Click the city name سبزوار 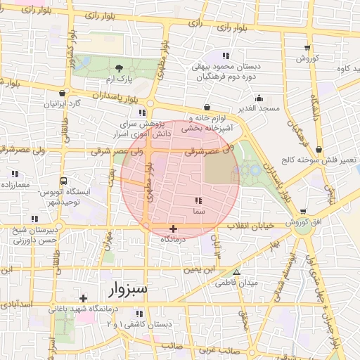point(127,289)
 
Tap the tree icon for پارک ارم point(119,68)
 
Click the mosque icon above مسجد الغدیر point(259,98)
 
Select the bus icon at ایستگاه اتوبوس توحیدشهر point(64,180)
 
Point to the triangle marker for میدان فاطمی point(236,272)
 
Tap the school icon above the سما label point(197,200)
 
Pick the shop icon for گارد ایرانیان point(63,93)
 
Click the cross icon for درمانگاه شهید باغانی point(84,298)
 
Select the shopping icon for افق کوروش point(303,212)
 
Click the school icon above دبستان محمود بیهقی point(225,56)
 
